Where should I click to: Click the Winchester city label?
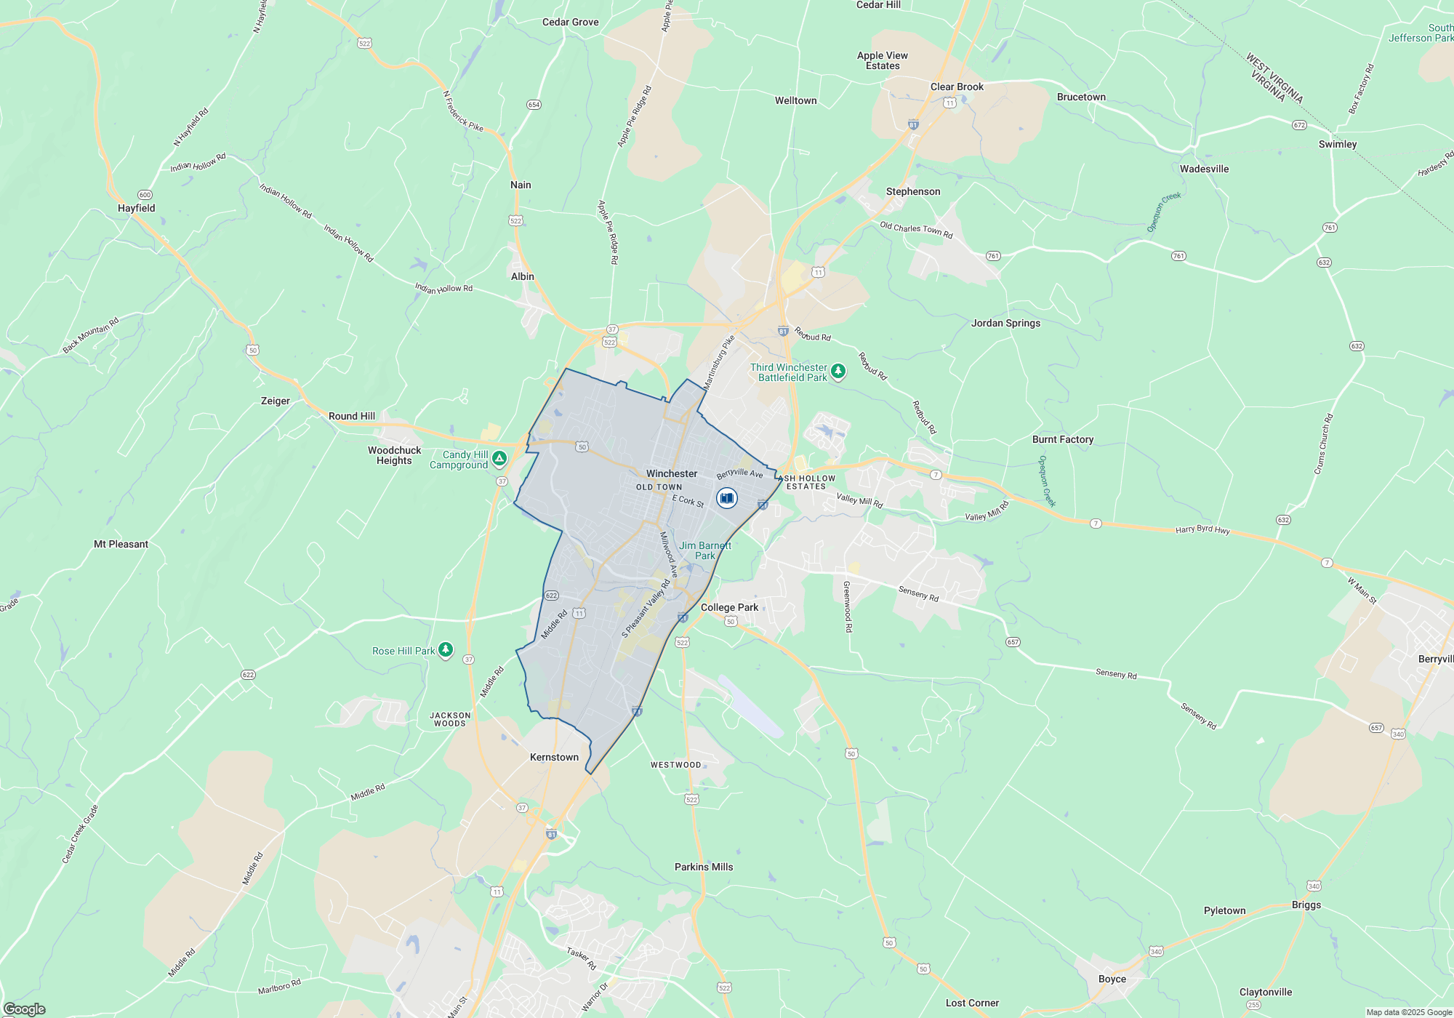pyautogui.click(x=672, y=473)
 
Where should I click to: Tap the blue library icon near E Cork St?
pyautogui.click(x=726, y=498)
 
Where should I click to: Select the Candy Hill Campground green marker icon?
pyautogui.click(x=499, y=459)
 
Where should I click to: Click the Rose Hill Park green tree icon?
pyautogui.click(x=446, y=650)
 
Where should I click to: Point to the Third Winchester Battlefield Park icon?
pyautogui.click(x=838, y=372)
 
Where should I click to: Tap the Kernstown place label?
pyautogui.click(x=554, y=757)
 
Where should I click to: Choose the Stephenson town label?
pyautogui.click(x=913, y=191)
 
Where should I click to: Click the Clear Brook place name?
pyautogui.click(x=957, y=87)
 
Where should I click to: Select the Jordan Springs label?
pyautogui.click(x=1005, y=323)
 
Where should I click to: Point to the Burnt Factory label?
pyautogui.click(x=1062, y=439)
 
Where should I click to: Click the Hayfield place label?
pyautogui.click(x=137, y=208)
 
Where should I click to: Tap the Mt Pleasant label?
pyautogui.click(x=121, y=544)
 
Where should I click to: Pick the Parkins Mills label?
pyautogui.click(x=704, y=867)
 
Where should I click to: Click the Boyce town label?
pyautogui.click(x=1112, y=979)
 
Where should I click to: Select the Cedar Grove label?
pyautogui.click(x=570, y=22)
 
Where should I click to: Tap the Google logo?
pyautogui.click(x=24, y=1009)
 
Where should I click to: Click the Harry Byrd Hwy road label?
pyautogui.click(x=1202, y=530)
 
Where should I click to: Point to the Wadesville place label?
pyautogui.click(x=1204, y=169)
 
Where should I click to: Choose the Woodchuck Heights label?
pyautogui.click(x=394, y=455)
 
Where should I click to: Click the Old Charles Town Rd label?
pyautogui.click(x=916, y=230)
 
